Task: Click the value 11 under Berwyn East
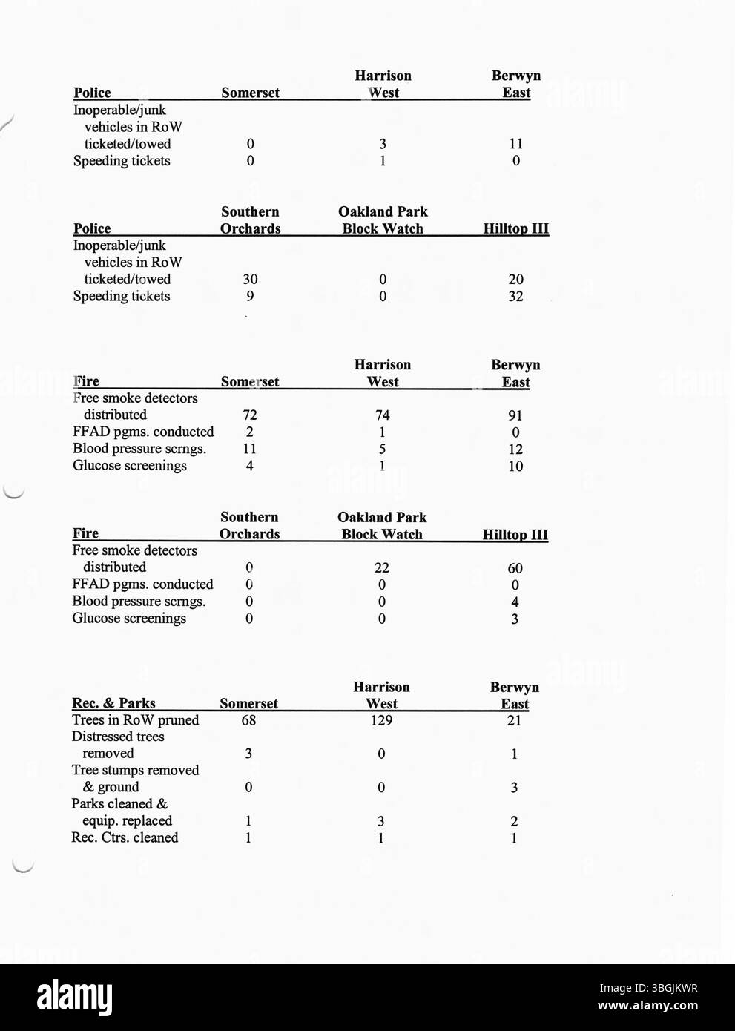coord(515,144)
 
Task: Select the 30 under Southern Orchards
coord(250,280)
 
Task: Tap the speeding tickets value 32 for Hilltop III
coord(515,297)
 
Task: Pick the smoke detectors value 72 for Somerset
coord(250,415)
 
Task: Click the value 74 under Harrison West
coord(382,415)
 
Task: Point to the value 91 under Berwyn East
coord(515,416)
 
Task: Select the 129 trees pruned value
coord(381,720)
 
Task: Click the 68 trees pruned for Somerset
coord(248,720)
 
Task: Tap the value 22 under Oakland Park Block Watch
coord(381,568)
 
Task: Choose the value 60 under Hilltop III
coord(515,569)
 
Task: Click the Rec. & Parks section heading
coord(113,703)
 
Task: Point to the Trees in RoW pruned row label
coord(135,720)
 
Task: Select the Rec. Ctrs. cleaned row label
coord(125,837)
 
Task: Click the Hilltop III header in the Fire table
coord(515,535)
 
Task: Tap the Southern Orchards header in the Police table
coord(250,220)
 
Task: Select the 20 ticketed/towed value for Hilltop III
coord(515,280)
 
